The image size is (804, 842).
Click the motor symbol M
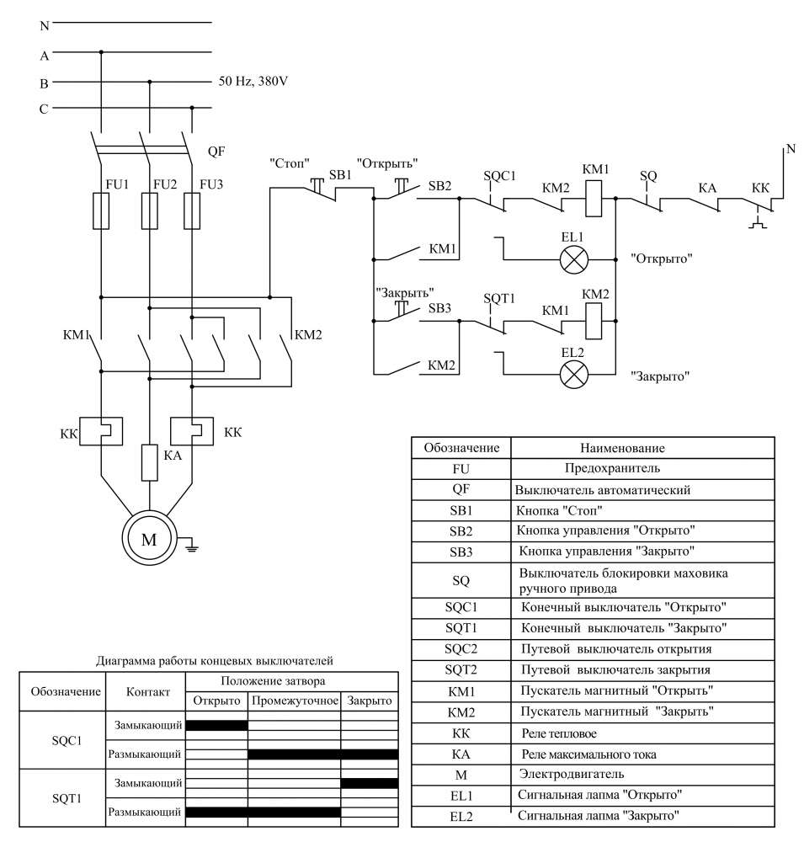coord(149,540)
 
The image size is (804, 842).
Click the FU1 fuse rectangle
coord(100,210)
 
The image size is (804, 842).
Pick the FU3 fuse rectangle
coord(193,210)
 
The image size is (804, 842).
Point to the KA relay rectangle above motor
coord(149,462)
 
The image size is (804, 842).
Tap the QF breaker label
coord(216,152)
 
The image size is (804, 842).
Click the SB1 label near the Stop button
coord(340,175)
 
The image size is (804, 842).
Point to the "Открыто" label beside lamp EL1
coord(661,258)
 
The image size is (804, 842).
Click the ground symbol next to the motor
coord(191,547)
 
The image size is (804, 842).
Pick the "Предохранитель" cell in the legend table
coord(599,468)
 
